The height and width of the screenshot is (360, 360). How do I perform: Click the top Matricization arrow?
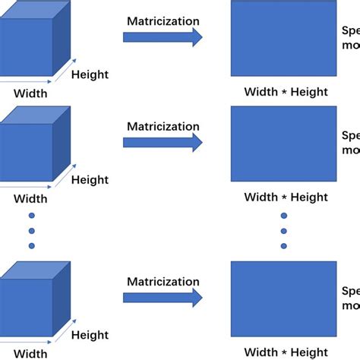coord(163,36)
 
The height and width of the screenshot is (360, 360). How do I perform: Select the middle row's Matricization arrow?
coord(163,142)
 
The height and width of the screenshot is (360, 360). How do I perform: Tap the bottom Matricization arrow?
coord(163,297)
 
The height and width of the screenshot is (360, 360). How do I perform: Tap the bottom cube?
coord(30,304)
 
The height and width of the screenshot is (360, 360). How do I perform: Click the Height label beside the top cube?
coord(90,74)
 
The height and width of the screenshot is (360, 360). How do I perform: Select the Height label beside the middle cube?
coord(90,180)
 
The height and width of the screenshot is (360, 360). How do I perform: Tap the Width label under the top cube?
coord(30,94)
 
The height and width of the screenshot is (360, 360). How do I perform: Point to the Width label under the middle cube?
coord(30,199)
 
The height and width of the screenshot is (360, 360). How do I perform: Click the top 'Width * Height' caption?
coord(286,92)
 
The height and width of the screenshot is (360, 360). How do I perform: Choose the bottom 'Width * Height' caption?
coord(286,352)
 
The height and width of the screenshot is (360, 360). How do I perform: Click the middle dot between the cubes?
coord(31,230)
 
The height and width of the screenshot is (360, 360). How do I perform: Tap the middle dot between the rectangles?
coord(284,230)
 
